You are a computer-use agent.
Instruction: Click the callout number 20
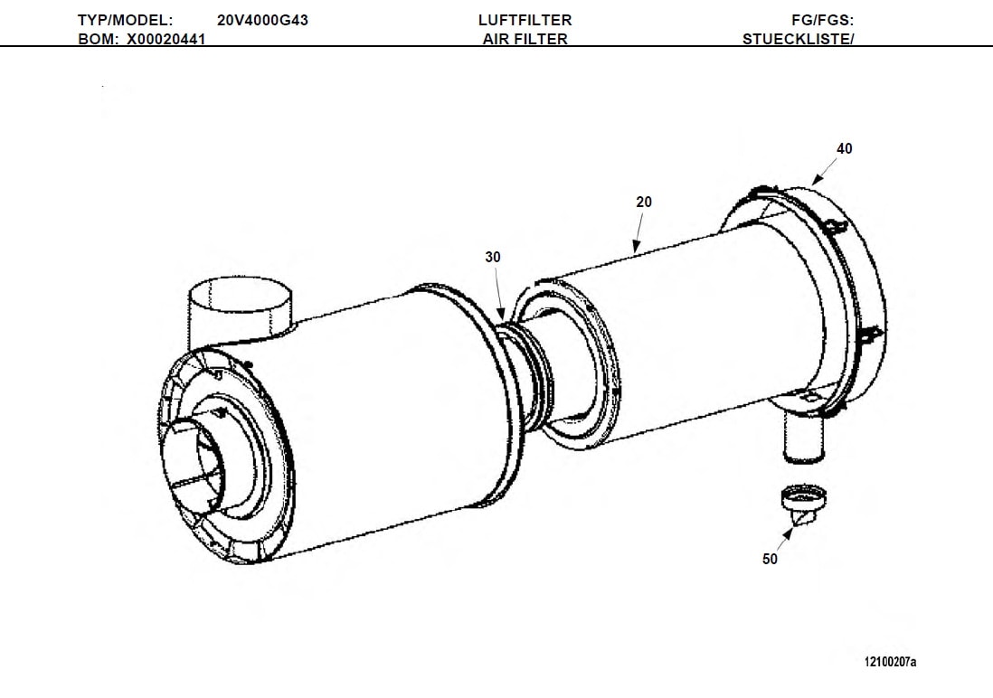[643, 203]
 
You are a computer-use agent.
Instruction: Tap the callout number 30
[492, 258]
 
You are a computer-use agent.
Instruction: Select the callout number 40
[844, 149]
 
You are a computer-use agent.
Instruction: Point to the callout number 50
[770, 560]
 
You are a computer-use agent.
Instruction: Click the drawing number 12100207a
[890, 663]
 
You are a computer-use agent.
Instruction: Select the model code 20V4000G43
[262, 20]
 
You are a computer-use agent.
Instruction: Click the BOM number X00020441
[165, 39]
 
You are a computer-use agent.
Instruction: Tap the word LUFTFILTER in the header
[525, 20]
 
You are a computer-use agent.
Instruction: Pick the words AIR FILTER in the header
[525, 39]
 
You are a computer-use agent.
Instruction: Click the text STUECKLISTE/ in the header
[798, 39]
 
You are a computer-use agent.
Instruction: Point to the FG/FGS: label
[823, 20]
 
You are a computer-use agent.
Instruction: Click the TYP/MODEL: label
[125, 20]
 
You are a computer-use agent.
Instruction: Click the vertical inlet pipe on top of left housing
[240, 312]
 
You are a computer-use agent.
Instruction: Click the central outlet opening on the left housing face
[201, 461]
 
